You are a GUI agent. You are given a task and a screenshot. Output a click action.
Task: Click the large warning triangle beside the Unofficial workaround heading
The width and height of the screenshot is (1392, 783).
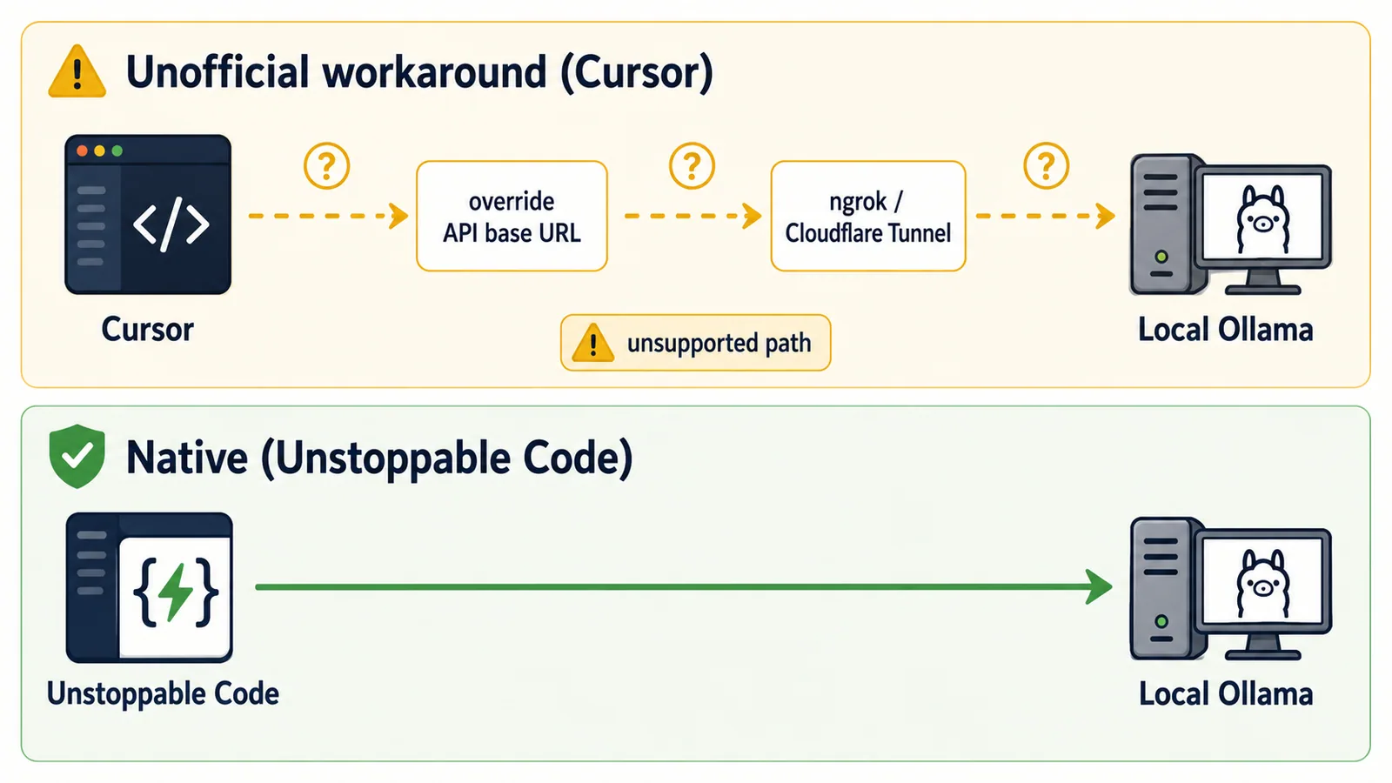click(x=77, y=72)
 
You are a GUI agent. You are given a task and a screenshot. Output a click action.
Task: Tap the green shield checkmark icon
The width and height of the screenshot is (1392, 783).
click(x=77, y=456)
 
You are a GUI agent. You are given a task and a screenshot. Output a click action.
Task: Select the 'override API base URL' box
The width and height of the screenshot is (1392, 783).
click(x=512, y=217)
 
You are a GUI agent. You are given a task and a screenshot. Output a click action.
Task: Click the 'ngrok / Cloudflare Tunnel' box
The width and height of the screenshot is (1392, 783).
click(x=868, y=217)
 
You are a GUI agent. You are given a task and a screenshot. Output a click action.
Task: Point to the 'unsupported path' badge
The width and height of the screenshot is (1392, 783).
click(x=695, y=343)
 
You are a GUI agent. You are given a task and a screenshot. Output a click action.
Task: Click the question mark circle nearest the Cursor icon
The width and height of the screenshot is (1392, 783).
click(x=327, y=166)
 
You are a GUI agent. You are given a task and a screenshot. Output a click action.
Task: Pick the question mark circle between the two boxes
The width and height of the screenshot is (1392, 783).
click(x=692, y=166)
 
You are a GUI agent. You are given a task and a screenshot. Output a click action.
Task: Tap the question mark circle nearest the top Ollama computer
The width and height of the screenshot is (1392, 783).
click(x=1047, y=166)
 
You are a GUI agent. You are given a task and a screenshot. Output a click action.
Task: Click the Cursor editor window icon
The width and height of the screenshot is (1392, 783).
click(x=148, y=214)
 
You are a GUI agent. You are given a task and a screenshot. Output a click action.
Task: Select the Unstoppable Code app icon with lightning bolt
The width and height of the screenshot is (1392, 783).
click(x=149, y=588)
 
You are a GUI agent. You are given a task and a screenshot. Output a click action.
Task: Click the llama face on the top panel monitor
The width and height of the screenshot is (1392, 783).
click(x=1262, y=218)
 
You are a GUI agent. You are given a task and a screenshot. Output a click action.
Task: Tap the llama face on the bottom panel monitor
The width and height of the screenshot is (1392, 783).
click(x=1262, y=583)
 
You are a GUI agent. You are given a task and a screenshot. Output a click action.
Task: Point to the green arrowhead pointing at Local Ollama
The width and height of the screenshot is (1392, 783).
click(x=1099, y=586)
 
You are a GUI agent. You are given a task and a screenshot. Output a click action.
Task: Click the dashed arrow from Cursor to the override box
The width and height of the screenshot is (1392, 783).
click(x=328, y=216)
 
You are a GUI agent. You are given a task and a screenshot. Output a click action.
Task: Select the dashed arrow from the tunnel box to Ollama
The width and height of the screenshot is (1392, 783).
click(x=1045, y=216)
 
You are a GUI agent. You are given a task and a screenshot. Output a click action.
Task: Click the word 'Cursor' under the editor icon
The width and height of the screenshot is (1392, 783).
click(x=147, y=330)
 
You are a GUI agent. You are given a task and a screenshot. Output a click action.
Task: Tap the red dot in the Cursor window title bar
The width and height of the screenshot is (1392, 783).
click(x=82, y=151)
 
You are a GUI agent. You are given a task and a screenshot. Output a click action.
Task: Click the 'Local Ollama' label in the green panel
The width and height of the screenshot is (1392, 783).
click(x=1226, y=693)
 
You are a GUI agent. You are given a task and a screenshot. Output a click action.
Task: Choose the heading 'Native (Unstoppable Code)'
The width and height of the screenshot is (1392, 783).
click(x=379, y=458)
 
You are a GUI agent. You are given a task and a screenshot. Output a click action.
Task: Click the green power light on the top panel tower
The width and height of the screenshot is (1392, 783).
click(x=1161, y=256)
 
